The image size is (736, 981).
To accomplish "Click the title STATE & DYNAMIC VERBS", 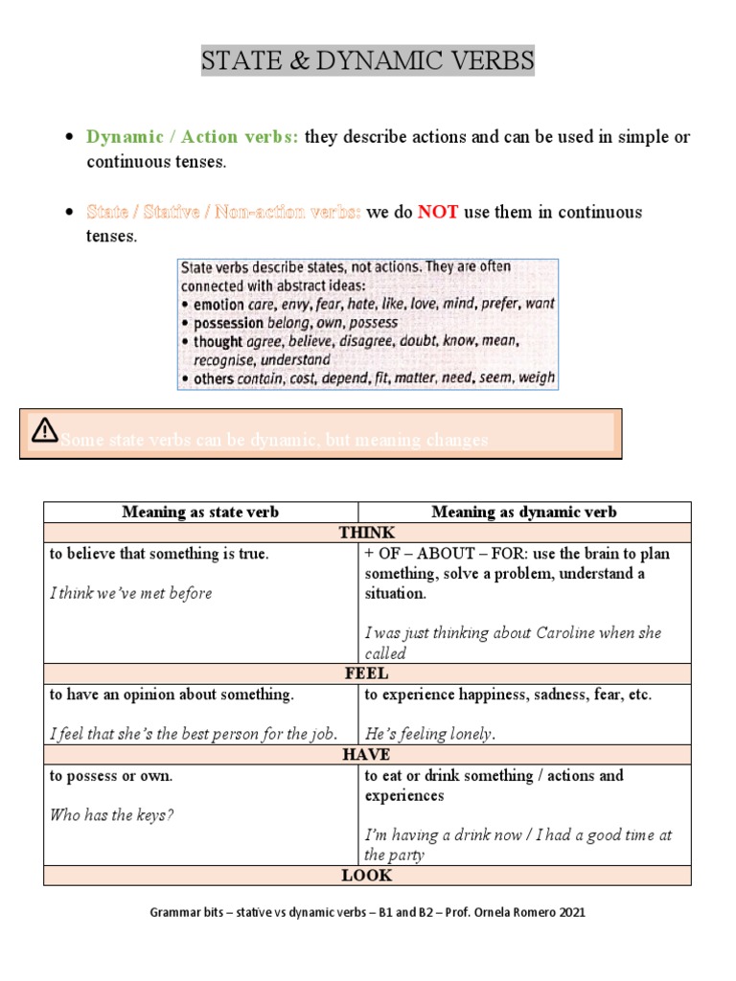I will coord(367,62).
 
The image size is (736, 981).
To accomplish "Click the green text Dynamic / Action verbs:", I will coord(193,137).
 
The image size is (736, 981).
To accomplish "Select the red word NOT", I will coord(438,212).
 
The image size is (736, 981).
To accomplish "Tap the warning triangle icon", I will coord(44,430).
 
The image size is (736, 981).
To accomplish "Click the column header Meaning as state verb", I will coord(200,512).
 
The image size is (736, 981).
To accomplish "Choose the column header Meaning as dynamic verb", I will coord(523,512).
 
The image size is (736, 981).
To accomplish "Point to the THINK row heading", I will coord(367,533).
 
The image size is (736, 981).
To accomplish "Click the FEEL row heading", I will coord(367,673).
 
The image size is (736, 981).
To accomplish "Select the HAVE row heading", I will coord(367,755).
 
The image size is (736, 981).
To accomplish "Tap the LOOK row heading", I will coord(367,875).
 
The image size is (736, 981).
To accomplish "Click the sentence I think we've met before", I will coord(130,593).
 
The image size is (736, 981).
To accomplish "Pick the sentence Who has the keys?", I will coord(111,815).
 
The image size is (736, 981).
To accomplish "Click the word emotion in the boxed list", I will coord(218,304).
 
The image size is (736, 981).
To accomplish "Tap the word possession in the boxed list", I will coord(231,323).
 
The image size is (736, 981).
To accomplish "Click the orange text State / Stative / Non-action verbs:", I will coord(223,212).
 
